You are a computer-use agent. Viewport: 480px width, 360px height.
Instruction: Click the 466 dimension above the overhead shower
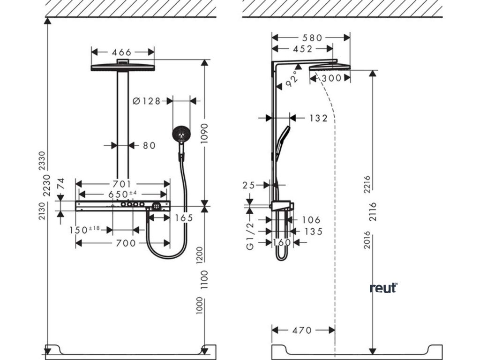[x=122, y=52]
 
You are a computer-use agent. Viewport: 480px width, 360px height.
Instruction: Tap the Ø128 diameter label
[x=146, y=100]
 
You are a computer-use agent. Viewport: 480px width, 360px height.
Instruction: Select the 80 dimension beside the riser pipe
[x=149, y=146]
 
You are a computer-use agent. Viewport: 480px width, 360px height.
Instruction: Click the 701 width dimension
[x=122, y=184]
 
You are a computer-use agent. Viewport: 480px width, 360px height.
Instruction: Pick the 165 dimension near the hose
[x=184, y=217]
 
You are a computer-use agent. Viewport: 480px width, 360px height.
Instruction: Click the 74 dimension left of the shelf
[x=60, y=184]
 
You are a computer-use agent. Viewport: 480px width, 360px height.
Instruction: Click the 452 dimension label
[x=303, y=48]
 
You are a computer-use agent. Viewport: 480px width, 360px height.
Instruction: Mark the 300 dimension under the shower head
[x=332, y=79]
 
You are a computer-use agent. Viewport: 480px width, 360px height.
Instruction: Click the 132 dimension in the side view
[x=318, y=119]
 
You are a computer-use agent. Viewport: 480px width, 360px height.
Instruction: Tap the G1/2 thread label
[x=251, y=237]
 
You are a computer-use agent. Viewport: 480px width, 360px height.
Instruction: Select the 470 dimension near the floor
[x=302, y=330]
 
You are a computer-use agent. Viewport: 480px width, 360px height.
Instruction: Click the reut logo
[x=383, y=288]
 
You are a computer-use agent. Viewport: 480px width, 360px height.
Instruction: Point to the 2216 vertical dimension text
[x=367, y=184]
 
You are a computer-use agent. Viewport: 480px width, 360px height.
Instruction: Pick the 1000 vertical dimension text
[x=200, y=305]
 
